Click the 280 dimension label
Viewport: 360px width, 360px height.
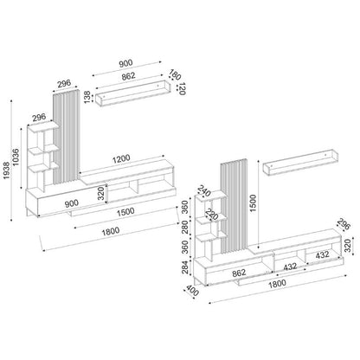click(x=183, y=227)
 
